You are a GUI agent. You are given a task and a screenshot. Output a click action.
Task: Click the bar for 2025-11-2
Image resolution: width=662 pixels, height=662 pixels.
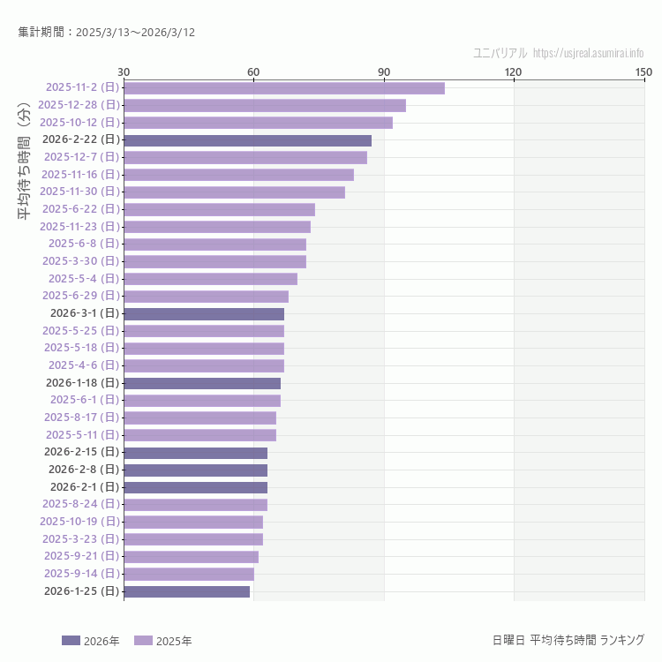(283, 87)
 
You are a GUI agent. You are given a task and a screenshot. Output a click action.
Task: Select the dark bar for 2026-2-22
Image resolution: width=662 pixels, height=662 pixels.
(247, 139)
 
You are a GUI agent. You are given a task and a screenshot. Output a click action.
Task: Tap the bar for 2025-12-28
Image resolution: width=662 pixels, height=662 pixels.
(264, 105)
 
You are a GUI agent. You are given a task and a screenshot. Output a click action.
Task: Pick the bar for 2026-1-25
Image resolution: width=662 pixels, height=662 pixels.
(186, 591)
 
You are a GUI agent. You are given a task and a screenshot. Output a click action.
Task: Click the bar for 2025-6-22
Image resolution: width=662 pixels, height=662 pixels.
(219, 209)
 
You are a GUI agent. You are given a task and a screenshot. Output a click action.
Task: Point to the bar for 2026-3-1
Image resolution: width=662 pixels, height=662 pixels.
(203, 313)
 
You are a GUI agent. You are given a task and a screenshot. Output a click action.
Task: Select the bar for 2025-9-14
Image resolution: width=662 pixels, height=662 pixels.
(188, 574)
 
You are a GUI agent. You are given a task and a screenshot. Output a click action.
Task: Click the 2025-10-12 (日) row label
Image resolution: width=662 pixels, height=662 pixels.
(79, 123)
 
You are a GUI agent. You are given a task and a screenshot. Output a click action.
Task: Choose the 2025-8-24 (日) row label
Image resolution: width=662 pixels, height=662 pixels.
(80, 504)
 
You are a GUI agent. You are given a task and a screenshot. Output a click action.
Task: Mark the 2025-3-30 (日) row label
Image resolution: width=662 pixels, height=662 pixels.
(80, 261)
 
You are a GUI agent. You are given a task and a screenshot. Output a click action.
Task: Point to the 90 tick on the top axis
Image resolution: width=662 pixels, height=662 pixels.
(384, 71)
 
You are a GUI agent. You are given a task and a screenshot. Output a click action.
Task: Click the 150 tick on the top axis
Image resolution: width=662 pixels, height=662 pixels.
(643, 71)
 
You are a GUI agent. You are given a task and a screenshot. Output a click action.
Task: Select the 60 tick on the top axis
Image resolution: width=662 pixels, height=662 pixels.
(253, 71)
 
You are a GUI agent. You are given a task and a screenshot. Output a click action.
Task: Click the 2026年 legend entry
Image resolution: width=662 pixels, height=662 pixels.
(91, 641)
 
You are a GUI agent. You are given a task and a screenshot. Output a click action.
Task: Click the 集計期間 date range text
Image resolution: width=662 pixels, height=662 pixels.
(107, 33)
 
